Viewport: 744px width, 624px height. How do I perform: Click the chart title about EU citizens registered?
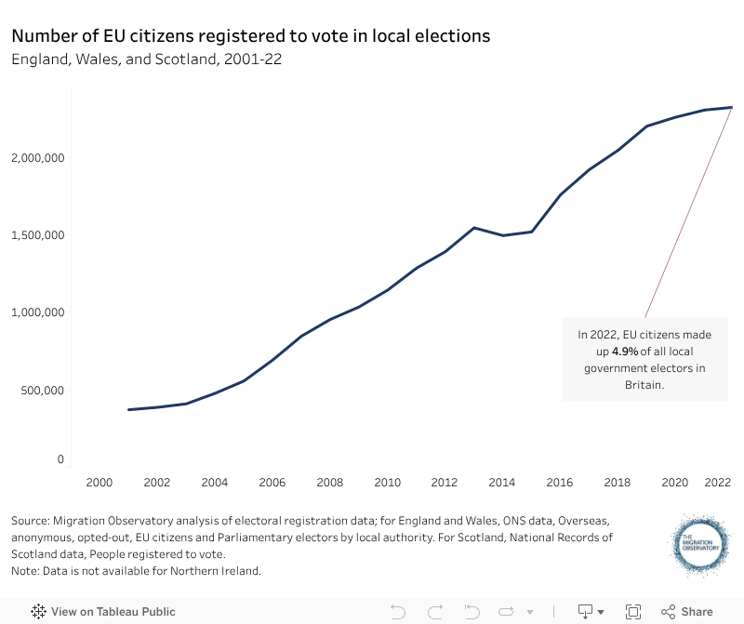[250, 36]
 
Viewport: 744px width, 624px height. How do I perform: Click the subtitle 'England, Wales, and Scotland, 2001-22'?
[147, 60]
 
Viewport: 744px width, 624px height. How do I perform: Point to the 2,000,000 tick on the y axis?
[37, 157]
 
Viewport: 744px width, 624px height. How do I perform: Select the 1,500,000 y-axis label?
[37, 234]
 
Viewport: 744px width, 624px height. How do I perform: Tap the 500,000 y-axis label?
[42, 390]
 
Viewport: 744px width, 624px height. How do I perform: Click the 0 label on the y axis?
[60, 459]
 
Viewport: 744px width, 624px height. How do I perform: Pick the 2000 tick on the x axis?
[99, 483]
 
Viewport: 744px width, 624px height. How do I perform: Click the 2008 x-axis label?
[329, 483]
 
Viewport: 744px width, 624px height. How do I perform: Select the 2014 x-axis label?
[502, 483]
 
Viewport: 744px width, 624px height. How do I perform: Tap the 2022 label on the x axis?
[718, 483]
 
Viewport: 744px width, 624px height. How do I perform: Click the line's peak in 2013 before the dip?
[474, 228]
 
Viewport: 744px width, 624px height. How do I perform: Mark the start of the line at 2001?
[128, 409]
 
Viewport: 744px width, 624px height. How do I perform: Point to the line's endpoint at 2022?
[731, 107]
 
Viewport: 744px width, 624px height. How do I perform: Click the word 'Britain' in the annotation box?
[644, 384]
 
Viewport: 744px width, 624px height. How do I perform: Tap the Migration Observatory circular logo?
[702, 543]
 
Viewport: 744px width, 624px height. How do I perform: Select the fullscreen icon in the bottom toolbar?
[633, 612]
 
